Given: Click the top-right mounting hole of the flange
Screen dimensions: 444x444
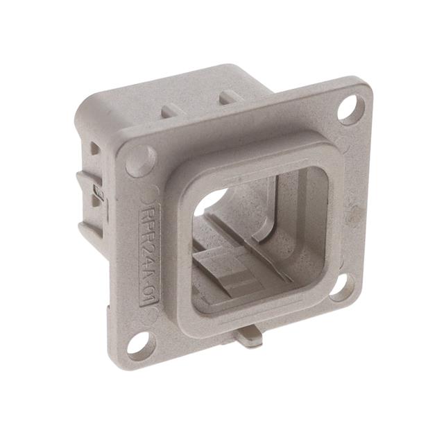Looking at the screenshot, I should (x=351, y=110).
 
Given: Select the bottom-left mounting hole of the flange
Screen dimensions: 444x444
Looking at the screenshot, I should (x=139, y=343).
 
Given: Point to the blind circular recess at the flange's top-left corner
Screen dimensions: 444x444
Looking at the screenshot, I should (x=142, y=161).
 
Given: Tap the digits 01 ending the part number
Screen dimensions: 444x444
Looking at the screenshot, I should (x=150, y=291).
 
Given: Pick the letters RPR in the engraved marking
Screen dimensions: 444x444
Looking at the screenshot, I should (x=148, y=219).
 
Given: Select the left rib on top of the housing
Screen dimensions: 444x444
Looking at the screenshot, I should (x=169, y=110).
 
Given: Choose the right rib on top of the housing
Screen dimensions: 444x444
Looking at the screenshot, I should (x=228, y=97).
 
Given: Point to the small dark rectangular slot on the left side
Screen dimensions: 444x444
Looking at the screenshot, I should (x=99, y=194).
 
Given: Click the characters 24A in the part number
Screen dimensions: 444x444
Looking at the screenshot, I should (x=149, y=255).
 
